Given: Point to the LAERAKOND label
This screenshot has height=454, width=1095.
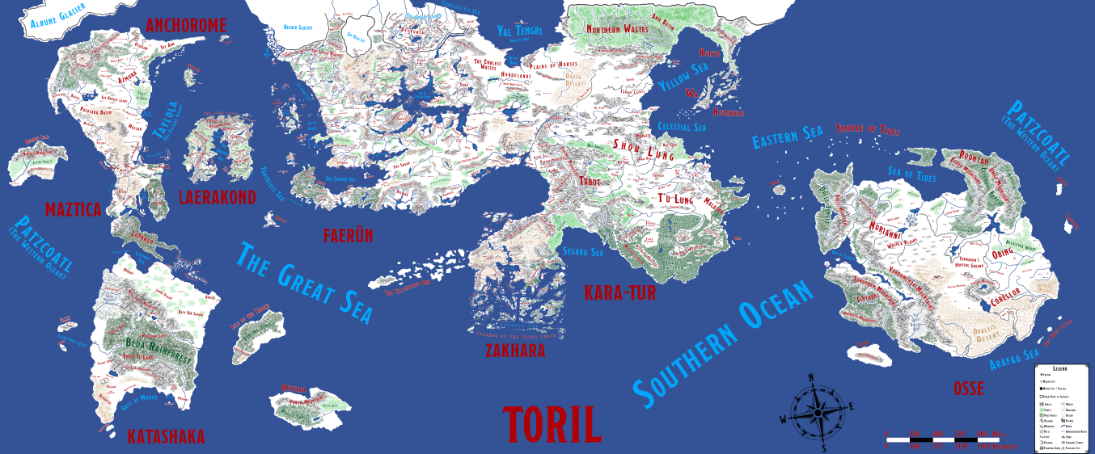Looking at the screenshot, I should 217,197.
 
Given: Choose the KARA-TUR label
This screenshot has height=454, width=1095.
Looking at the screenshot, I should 619,292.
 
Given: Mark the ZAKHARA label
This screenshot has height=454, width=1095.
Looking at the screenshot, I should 515,351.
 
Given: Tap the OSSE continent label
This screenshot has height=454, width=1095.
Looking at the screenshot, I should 968,389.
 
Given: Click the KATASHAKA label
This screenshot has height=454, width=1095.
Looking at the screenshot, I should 166,437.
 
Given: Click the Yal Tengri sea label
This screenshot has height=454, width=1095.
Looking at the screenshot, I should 519,32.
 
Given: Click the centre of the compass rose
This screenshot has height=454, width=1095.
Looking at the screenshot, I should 818,412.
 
